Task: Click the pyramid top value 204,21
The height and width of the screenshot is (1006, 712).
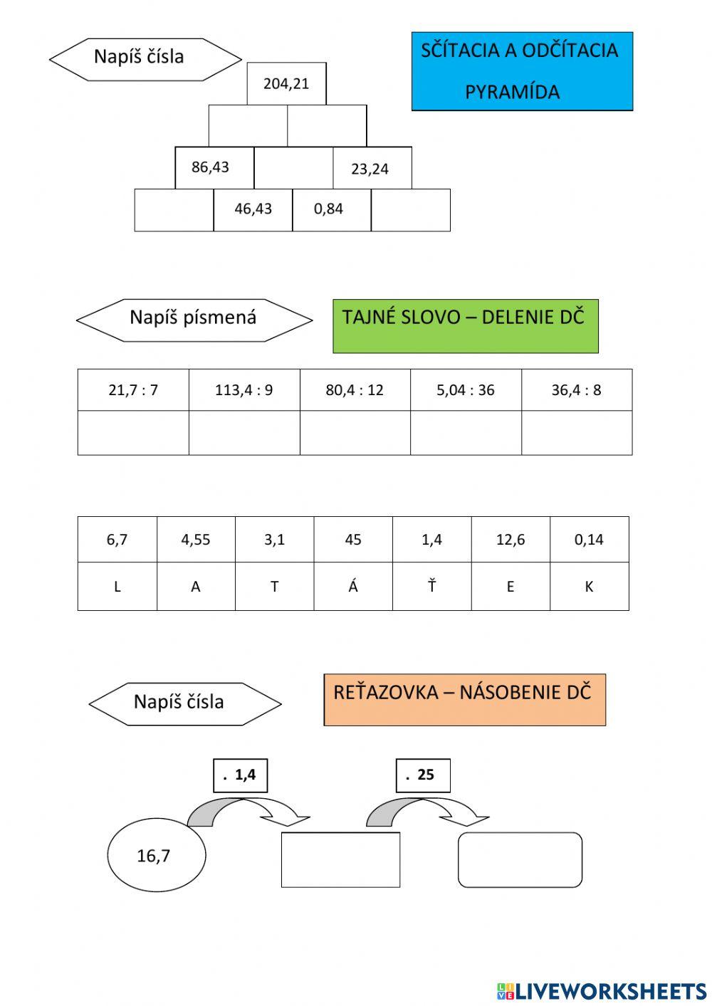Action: click(286, 84)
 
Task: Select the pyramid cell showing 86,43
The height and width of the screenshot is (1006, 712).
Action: click(211, 167)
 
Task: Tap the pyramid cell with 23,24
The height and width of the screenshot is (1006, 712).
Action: click(370, 169)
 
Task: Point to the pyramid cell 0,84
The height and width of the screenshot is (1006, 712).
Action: click(329, 209)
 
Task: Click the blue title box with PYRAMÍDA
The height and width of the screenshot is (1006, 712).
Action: click(521, 71)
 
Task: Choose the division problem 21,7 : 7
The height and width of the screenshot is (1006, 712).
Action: click(133, 390)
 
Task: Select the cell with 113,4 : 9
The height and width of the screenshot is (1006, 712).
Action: click(244, 390)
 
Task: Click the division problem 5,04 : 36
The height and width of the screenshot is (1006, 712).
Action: click(466, 390)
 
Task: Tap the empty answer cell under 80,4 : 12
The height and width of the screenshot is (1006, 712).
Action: click(355, 433)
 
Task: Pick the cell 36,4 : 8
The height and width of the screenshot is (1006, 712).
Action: click(577, 390)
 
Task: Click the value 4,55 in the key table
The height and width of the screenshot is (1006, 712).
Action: click(196, 540)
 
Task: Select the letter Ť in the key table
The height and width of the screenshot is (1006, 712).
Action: click(431, 587)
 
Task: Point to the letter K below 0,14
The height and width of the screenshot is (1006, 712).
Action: click(589, 587)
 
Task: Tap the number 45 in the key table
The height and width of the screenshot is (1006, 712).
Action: click(353, 540)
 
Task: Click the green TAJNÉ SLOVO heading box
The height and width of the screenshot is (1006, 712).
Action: click(465, 326)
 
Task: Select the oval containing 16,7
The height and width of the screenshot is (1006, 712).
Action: click(156, 855)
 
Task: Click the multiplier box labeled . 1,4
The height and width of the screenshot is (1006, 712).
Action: click(241, 775)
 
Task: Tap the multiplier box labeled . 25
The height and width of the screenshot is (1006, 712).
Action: click(423, 775)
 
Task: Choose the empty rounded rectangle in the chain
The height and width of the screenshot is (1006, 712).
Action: click(520, 860)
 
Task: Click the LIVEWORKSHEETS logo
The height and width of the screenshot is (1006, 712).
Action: click(602, 990)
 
